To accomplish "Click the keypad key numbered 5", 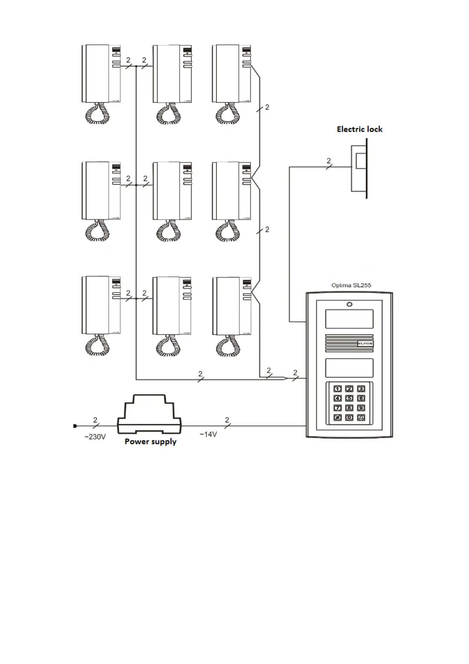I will pos(349,399).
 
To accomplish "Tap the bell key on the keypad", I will pos(361,418).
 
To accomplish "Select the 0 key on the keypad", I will pos(349,418).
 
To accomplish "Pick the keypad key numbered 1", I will pos(338,389).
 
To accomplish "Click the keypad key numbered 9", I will pos(361,408).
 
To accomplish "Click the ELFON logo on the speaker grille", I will pos(365,344).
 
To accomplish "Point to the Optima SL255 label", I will pos(351,285).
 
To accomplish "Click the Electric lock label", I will pos(359,129).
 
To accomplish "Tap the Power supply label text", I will pos(151,442).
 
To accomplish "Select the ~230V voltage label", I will pos(95,437).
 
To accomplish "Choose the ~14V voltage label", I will pos(208,435).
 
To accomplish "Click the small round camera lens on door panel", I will pos(349,304).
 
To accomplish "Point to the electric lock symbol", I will pos(359,168).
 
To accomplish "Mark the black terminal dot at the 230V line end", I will pos(75,426).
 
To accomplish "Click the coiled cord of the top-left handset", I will pos(97,115).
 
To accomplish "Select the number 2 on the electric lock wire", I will pos(329,161).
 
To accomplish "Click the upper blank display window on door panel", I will pos(349,319).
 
